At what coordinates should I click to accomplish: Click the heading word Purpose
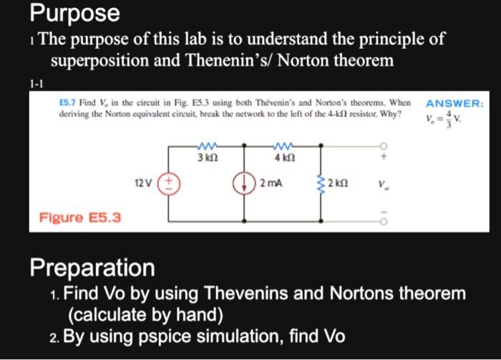[74, 13]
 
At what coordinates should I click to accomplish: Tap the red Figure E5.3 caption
[79, 217]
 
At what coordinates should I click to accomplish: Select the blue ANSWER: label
[454, 103]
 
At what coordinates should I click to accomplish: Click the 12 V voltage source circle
[171, 184]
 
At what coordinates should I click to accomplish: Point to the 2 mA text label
[270, 184]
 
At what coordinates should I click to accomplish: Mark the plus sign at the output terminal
[384, 155]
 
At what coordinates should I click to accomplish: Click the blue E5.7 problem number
[68, 104]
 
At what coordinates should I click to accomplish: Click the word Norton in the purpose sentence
[308, 61]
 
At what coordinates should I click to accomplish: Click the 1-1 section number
[36, 84]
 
